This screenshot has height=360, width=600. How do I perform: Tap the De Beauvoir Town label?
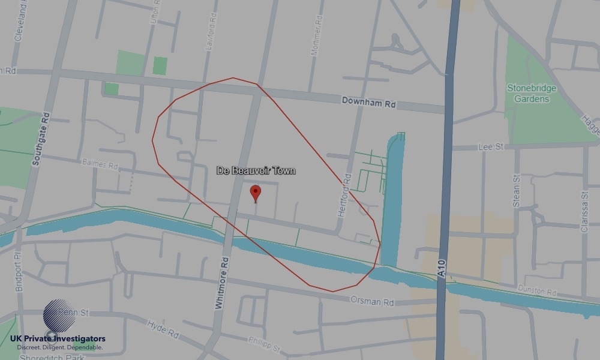tap(256, 171)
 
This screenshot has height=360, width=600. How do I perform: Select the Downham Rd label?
tap(368, 102)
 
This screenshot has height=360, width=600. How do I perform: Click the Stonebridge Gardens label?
tap(532, 94)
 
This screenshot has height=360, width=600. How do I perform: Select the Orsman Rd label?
tap(372, 299)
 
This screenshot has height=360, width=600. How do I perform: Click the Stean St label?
tap(517, 191)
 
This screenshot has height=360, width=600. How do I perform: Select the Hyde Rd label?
tap(163, 329)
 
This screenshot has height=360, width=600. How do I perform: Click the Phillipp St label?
tap(264, 344)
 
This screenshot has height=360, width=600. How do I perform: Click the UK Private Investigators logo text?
tap(58, 339)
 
